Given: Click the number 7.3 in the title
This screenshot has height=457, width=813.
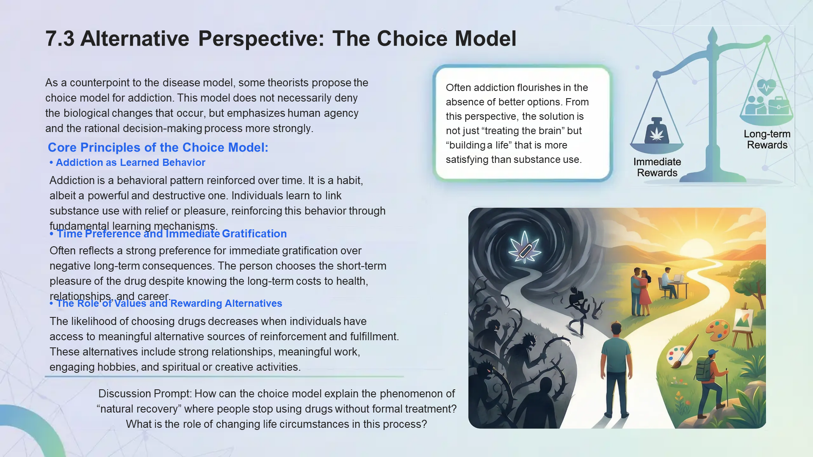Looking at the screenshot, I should pos(60,39).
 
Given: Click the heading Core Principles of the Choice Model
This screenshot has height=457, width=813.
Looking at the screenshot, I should pos(158,147).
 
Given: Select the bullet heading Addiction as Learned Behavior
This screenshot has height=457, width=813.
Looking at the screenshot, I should pos(130,162).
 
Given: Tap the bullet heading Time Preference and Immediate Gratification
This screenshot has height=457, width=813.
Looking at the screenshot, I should pos(171,234).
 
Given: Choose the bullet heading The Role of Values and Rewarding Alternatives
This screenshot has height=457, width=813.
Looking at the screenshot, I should pos(169,303).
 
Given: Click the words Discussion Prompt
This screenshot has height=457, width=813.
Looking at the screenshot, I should pos(144,394).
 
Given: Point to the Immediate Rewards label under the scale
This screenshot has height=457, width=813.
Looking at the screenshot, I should pos(657,167).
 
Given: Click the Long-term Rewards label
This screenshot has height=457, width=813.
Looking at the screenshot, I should pos(767,139).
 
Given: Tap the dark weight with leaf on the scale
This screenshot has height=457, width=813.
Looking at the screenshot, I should pos(656,131).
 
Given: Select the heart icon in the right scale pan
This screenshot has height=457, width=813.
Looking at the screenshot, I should pos(766,86).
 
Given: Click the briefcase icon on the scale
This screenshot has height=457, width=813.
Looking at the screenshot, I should pos(779,105).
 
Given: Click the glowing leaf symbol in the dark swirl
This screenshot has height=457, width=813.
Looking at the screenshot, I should pos(525,248).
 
